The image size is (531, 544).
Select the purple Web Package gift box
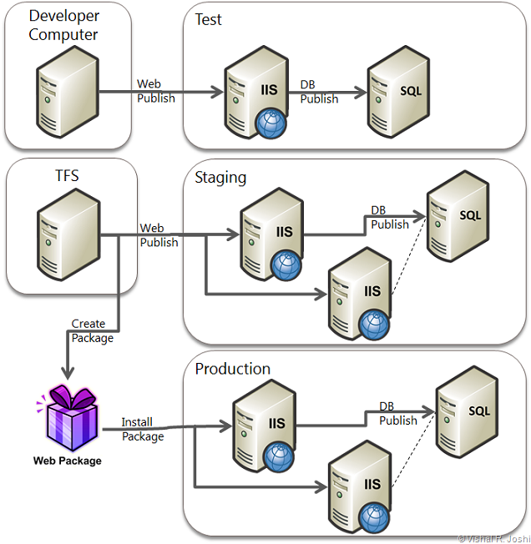click(67, 419)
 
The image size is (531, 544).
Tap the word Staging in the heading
click(220, 177)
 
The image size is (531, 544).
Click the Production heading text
click(232, 369)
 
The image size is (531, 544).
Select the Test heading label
click(208, 18)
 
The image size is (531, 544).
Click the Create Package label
click(88, 331)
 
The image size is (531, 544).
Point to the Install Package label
click(143, 429)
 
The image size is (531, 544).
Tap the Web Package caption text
click(67, 460)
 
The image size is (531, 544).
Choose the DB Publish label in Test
click(319, 92)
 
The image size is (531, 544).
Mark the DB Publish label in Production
click(397, 414)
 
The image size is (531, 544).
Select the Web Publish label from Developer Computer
click(156, 91)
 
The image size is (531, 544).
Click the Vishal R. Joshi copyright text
click(492, 538)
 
